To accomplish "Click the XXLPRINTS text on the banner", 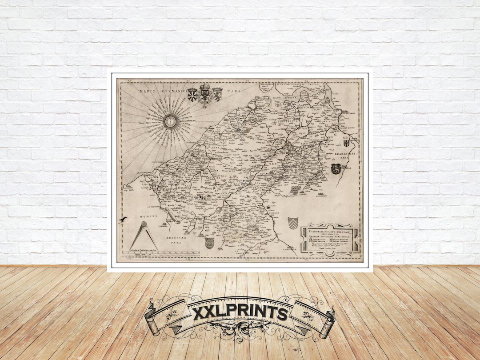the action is click(x=240, y=313).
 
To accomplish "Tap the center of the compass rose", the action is click(x=170, y=120).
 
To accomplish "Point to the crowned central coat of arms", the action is click(x=205, y=95).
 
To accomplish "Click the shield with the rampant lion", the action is click(x=217, y=94).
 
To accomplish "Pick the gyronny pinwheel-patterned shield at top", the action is click(x=192, y=94).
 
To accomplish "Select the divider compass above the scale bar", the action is click(x=144, y=236).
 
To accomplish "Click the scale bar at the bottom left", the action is click(x=163, y=254).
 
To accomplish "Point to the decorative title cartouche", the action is click(x=330, y=240).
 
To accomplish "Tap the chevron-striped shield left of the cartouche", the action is click(x=292, y=223).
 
